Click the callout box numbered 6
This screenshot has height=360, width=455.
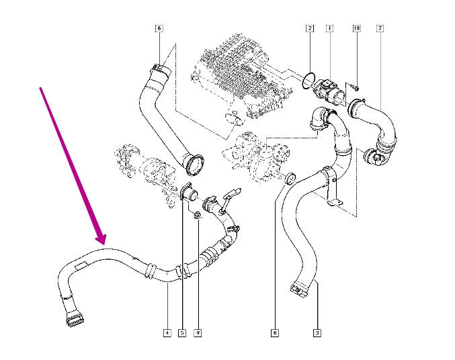159,28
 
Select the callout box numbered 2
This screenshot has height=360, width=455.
309,28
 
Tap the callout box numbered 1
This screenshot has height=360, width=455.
329,28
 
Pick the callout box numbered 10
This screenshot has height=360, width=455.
356,28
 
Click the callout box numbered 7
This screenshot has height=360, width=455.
380,28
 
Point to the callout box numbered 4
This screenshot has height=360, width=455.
166,332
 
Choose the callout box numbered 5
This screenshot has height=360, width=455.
182,332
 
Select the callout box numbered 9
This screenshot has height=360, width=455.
198,332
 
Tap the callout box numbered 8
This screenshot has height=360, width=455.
274,332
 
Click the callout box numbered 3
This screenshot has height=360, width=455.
317,332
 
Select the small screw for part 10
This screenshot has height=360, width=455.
354,86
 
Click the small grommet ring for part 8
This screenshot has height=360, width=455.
291,179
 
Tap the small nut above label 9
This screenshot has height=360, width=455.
197,216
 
